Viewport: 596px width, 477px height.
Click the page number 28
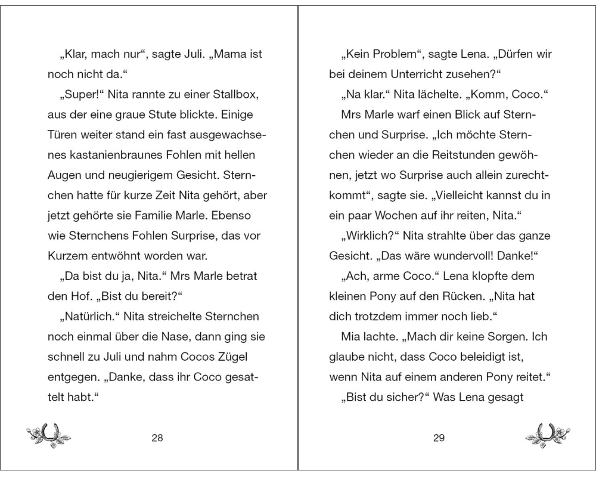tap(157, 438)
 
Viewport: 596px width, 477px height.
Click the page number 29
tap(439, 438)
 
